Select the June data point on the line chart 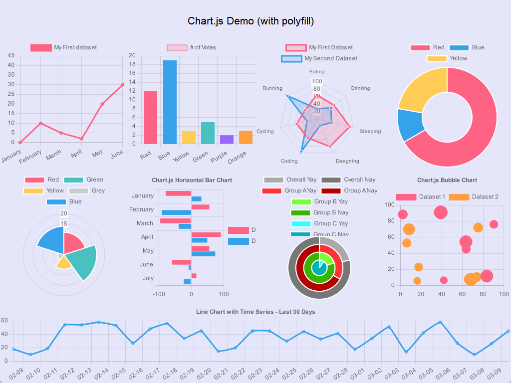[x=123, y=85]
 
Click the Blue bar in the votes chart [x=170, y=102]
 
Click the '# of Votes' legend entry [x=192, y=47]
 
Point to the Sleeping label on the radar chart [x=370, y=131]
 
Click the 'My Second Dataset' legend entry [x=319, y=58]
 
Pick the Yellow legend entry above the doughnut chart [x=447, y=58]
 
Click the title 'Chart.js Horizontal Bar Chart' [x=192, y=180]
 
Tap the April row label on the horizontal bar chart [x=147, y=237]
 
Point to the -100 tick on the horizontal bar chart [x=159, y=294]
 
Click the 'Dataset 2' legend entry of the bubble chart [x=474, y=196]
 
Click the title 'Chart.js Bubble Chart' [x=447, y=180]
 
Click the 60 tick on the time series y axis [x=4, y=321]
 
